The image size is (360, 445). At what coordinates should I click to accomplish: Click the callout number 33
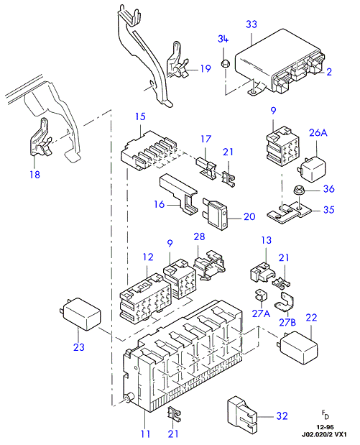click(251, 24)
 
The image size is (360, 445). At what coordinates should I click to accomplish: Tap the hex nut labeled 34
click(225, 64)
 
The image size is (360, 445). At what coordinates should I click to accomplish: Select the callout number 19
click(206, 69)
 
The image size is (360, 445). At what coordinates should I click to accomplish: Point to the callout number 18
click(35, 174)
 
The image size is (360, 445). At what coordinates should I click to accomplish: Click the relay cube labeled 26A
click(313, 168)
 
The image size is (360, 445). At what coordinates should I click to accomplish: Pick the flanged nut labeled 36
click(298, 190)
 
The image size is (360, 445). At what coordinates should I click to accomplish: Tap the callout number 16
click(159, 204)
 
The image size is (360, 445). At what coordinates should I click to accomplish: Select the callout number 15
click(140, 116)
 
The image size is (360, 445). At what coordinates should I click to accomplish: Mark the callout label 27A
click(261, 313)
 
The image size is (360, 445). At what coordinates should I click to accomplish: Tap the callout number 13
click(266, 240)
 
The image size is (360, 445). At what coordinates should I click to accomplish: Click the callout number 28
click(199, 237)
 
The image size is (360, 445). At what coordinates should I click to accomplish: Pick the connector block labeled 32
click(242, 413)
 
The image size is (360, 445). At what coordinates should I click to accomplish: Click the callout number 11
click(145, 433)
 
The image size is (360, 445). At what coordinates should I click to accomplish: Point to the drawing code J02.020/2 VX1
click(324, 434)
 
